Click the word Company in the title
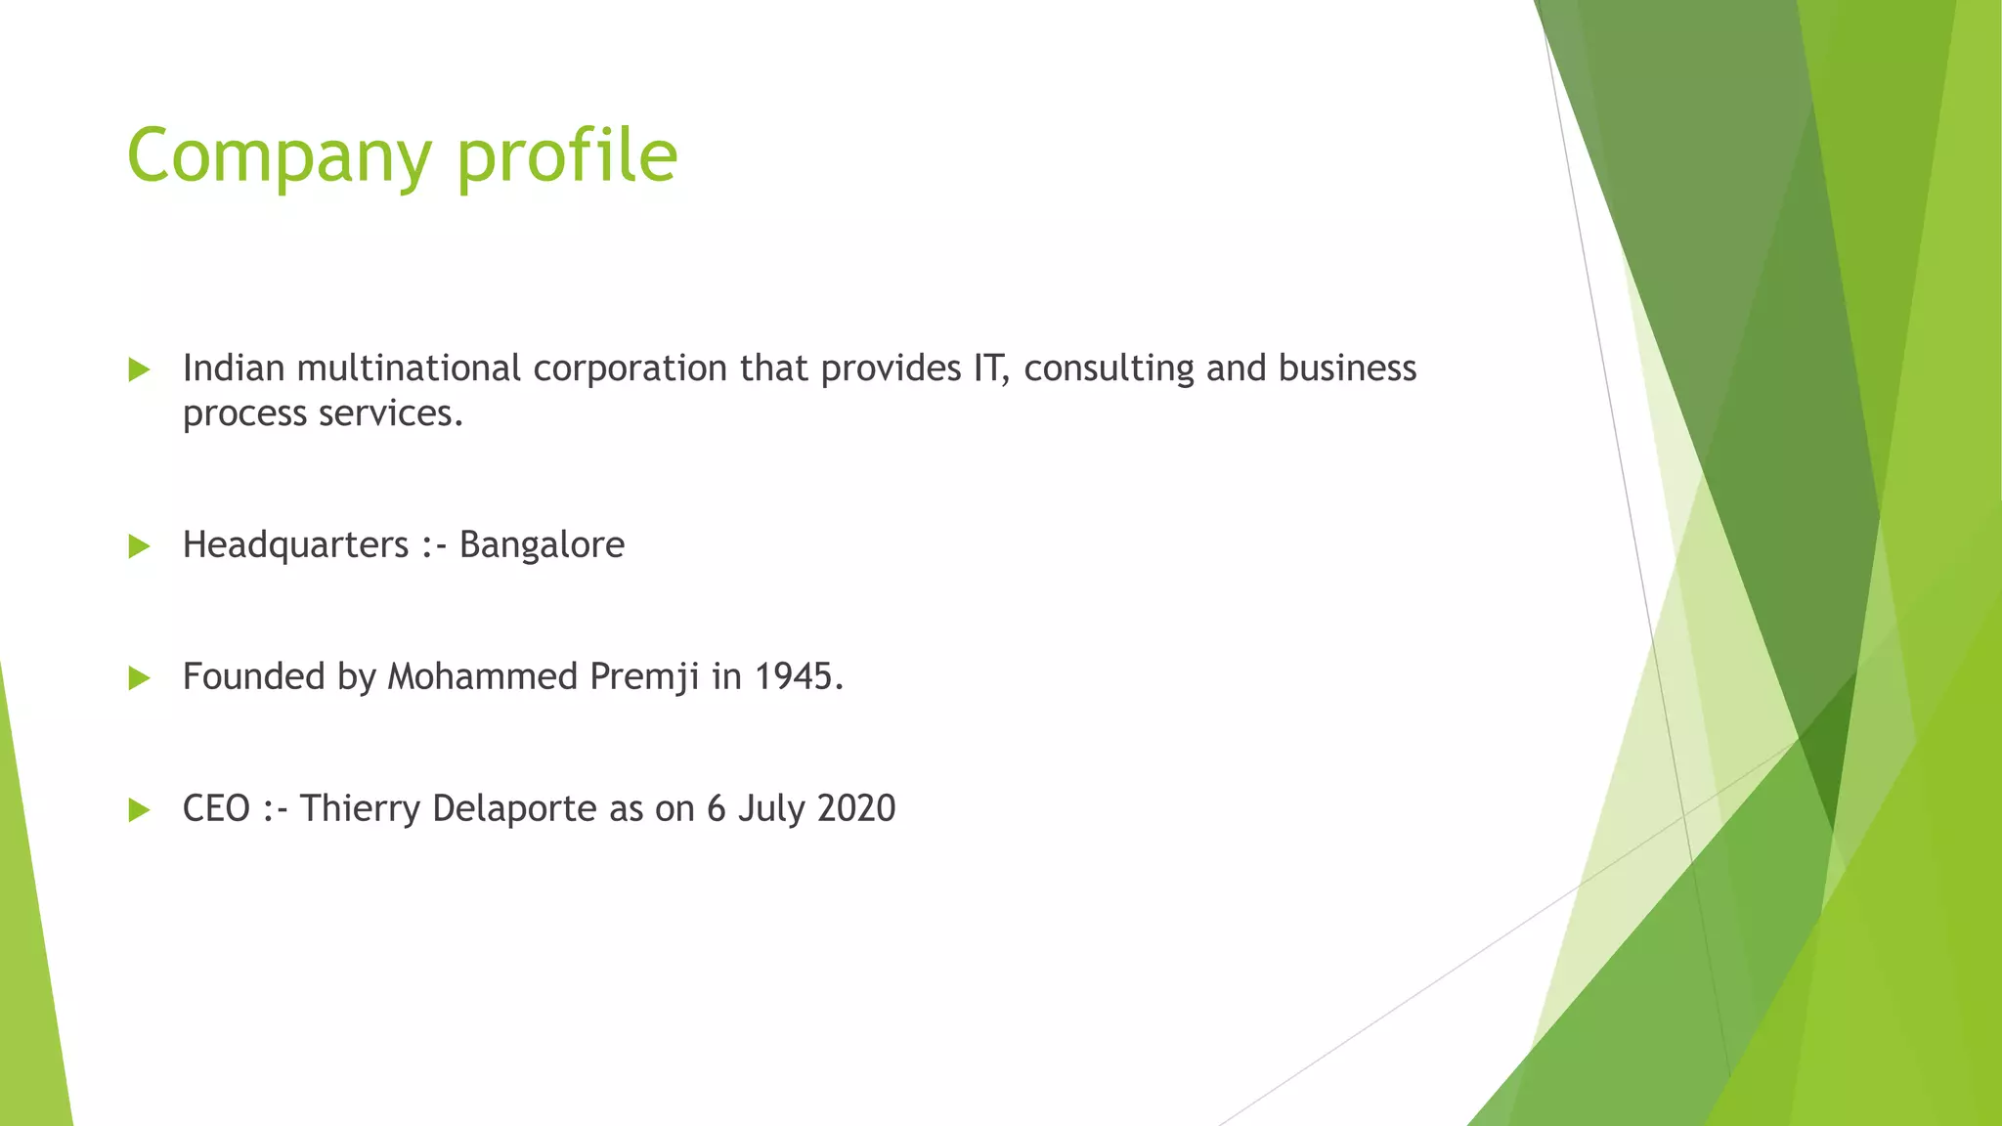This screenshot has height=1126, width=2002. click(279, 156)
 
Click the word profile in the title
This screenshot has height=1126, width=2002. click(567, 156)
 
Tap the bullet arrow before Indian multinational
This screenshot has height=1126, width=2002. click(139, 369)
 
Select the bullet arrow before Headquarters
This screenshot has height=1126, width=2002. click(139, 546)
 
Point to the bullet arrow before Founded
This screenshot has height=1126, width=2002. click(139, 678)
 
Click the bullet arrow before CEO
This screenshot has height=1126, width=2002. click(139, 810)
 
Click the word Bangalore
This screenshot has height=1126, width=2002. click(542, 545)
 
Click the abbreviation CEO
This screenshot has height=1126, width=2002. click(216, 809)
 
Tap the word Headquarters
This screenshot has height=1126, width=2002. click(295, 545)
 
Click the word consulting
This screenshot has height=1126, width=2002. click(1109, 368)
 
